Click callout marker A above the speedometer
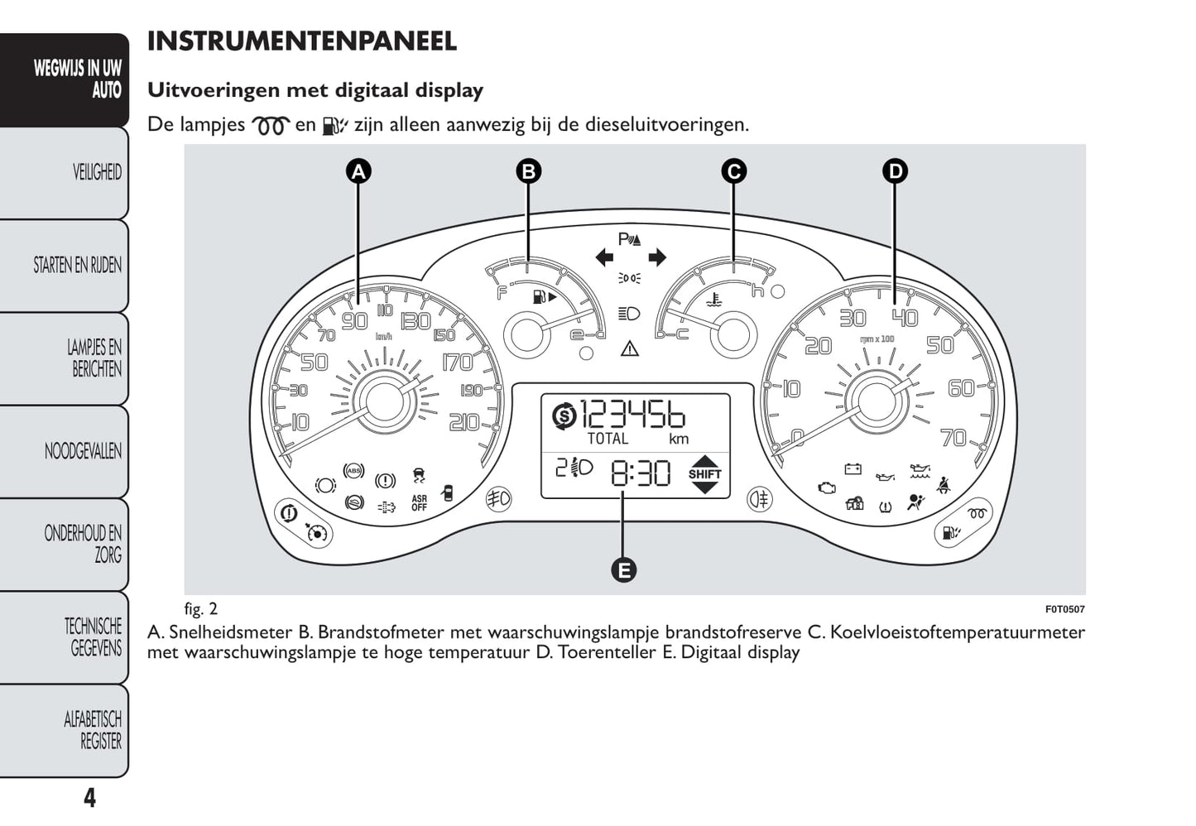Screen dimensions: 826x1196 358,171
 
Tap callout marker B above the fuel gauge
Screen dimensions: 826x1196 528,171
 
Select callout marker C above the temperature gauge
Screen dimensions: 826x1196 733,171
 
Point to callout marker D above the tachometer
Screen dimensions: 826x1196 895,171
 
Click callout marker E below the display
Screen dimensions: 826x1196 623,569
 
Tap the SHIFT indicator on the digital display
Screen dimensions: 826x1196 704,474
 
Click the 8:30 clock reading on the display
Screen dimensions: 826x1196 641,473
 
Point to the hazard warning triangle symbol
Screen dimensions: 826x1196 630,348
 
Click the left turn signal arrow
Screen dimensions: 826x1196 604,257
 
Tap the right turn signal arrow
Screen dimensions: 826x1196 657,257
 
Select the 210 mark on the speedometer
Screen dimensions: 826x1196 464,423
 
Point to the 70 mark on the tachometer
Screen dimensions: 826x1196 954,437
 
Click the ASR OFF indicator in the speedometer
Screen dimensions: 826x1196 419,502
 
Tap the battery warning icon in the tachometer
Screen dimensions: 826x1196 853,469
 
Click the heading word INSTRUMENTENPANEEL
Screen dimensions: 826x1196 302,41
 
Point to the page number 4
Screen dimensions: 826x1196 89,798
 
